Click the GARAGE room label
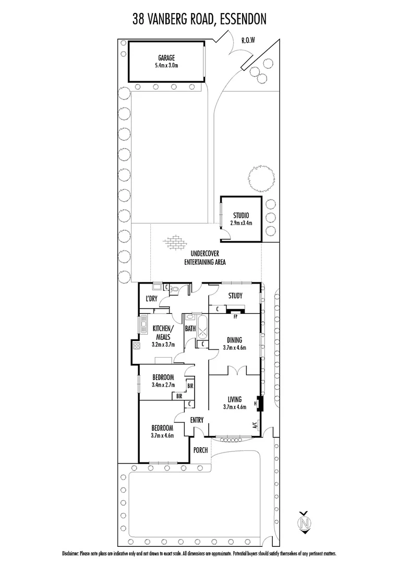(x=166, y=58)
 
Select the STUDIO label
(x=240, y=215)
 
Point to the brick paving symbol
(x=173, y=243)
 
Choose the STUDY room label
(x=235, y=296)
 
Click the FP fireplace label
(x=235, y=316)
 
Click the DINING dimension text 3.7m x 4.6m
(x=234, y=348)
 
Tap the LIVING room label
(x=234, y=399)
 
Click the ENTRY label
(x=197, y=420)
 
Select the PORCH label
(x=200, y=450)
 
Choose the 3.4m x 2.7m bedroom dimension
(x=163, y=385)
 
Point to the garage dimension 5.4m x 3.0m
(x=166, y=66)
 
